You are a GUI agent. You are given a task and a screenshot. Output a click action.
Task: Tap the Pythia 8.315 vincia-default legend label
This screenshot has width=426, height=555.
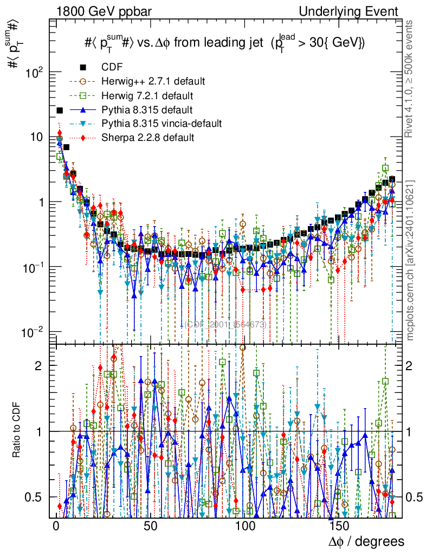(x=162, y=124)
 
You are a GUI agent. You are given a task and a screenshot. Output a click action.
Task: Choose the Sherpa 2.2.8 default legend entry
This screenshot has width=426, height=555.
(x=147, y=138)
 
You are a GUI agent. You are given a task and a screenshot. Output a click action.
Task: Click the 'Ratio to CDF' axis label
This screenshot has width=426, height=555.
(x=17, y=430)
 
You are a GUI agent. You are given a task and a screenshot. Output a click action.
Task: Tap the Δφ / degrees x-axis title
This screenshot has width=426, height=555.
(x=366, y=541)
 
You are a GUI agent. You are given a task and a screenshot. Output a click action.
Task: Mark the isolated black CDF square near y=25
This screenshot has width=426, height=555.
(x=60, y=110)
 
